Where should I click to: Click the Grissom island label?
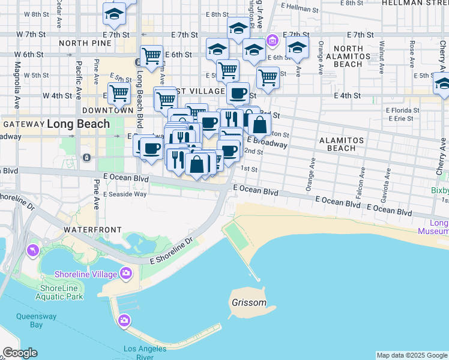(249, 302)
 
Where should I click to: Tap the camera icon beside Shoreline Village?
(125, 274)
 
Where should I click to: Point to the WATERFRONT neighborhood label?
(92, 230)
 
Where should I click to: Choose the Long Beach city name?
(78, 124)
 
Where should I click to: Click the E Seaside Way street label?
(125, 194)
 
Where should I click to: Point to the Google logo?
(20, 353)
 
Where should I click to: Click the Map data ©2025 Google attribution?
(412, 355)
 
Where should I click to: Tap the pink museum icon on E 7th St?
(273, 40)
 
